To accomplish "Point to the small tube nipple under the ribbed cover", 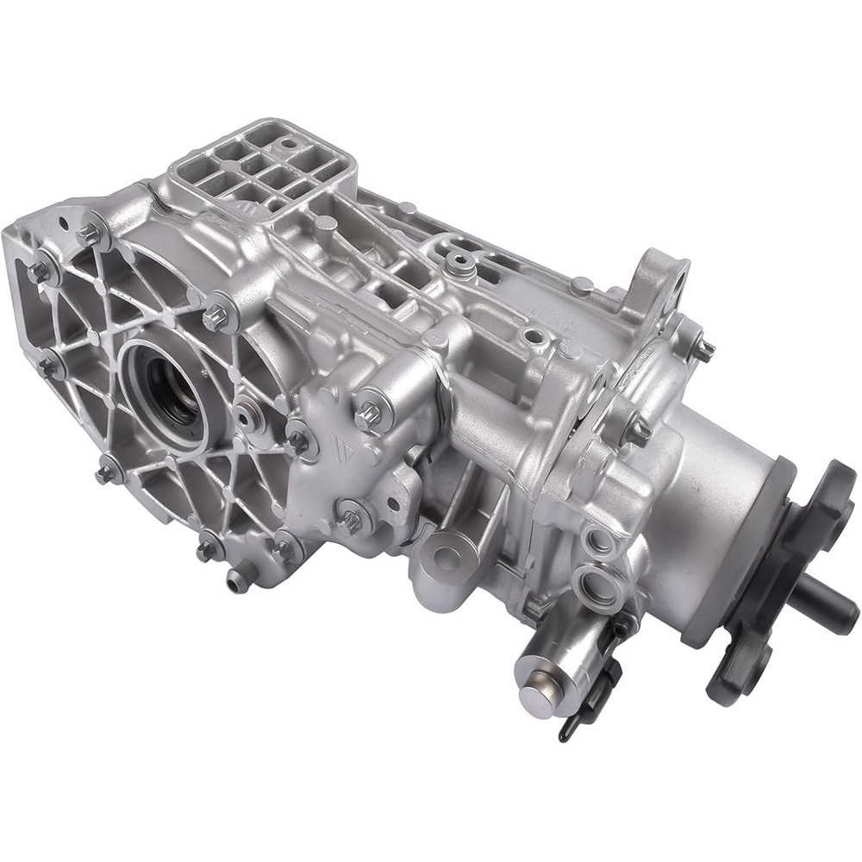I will tap(236, 581).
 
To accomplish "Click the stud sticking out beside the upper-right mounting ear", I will tap(704, 350).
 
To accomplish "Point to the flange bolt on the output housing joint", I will tap(639, 434).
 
